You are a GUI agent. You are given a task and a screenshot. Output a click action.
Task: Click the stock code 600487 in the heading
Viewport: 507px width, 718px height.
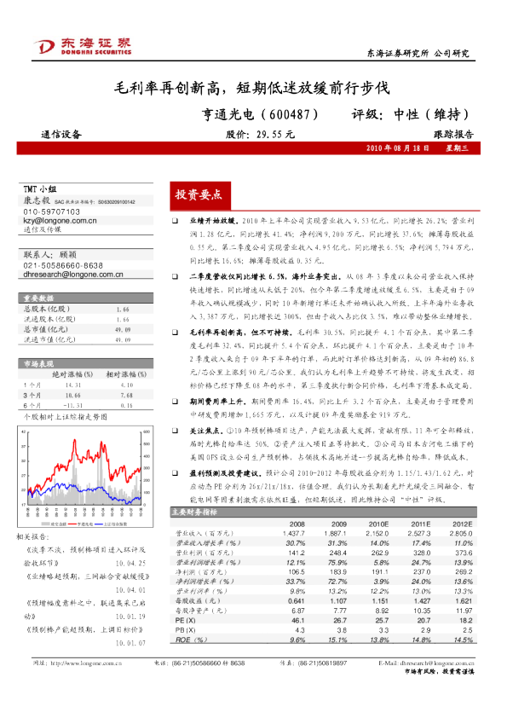[287, 113]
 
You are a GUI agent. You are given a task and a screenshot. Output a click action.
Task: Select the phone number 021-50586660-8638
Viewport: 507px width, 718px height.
[63, 266]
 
